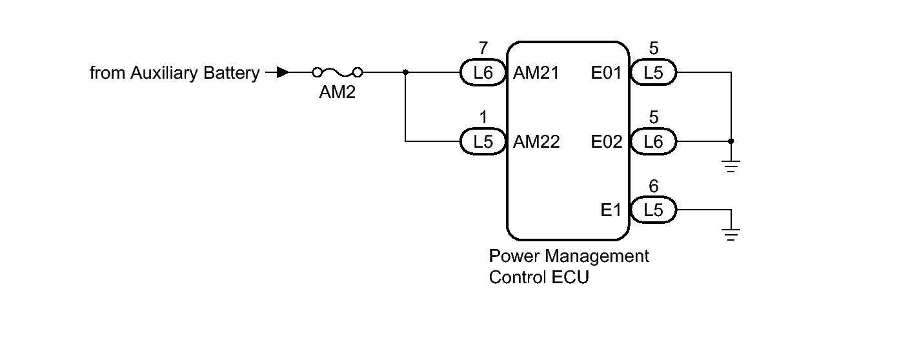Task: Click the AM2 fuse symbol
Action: (338, 73)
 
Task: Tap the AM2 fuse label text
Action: (338, 92)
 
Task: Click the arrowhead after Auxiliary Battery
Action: (283, 72)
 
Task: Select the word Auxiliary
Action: (164, 73)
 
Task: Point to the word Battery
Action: (232, 73)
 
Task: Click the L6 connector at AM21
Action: (483, 72)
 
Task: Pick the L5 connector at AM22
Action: (483, 141)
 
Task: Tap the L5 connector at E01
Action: (653, 72)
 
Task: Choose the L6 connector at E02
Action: (653, 141)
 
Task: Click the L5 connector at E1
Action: (653, 210)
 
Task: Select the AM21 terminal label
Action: (536, 73)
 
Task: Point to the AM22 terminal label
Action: (536, 142)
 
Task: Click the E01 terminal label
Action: (607, 73)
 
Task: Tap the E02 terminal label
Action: (607, 142)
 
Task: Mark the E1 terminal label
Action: (611, 210)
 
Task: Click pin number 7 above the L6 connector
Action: (483, 48)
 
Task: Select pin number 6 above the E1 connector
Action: (654, 186)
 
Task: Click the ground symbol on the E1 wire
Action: (731, 234)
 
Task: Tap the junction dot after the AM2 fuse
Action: (405, 72)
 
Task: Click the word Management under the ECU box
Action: (598, 257)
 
